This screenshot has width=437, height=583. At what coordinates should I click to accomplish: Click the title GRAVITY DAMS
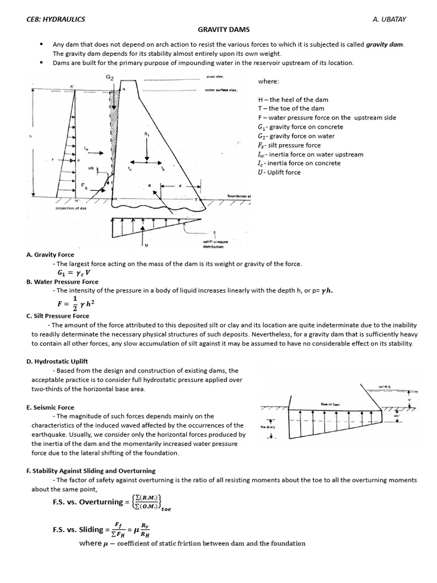click(223, 29)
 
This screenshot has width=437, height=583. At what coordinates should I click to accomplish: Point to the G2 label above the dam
click(109, 77)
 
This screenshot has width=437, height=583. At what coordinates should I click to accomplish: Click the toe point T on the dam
click(196, 200)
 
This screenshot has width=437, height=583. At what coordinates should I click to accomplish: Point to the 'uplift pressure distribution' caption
click(213, 244)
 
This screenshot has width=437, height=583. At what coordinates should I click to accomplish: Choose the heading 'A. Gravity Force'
click(50, 254)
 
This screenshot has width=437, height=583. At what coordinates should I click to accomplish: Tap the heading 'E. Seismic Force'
click(50, 407)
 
